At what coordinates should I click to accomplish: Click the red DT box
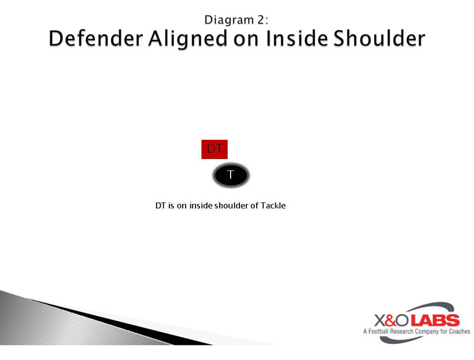click(214, 149)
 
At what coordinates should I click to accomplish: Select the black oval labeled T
click(231, 175)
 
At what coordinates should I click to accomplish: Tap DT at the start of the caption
click(161, 205)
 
